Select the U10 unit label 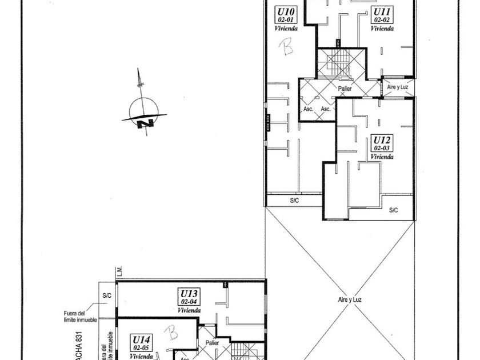pos(285,11)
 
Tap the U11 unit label pos(382,11)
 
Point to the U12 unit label pos(382,139)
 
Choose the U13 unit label pos(189,293)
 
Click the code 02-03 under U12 pos(382,148)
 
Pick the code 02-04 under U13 pos(189,302)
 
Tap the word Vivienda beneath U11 pos(382,28)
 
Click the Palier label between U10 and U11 pos(345,89)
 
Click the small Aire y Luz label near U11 pos(398,86)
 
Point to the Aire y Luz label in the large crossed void pos(350,299)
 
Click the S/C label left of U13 pos(107,296)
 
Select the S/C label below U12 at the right pos(393,210)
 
